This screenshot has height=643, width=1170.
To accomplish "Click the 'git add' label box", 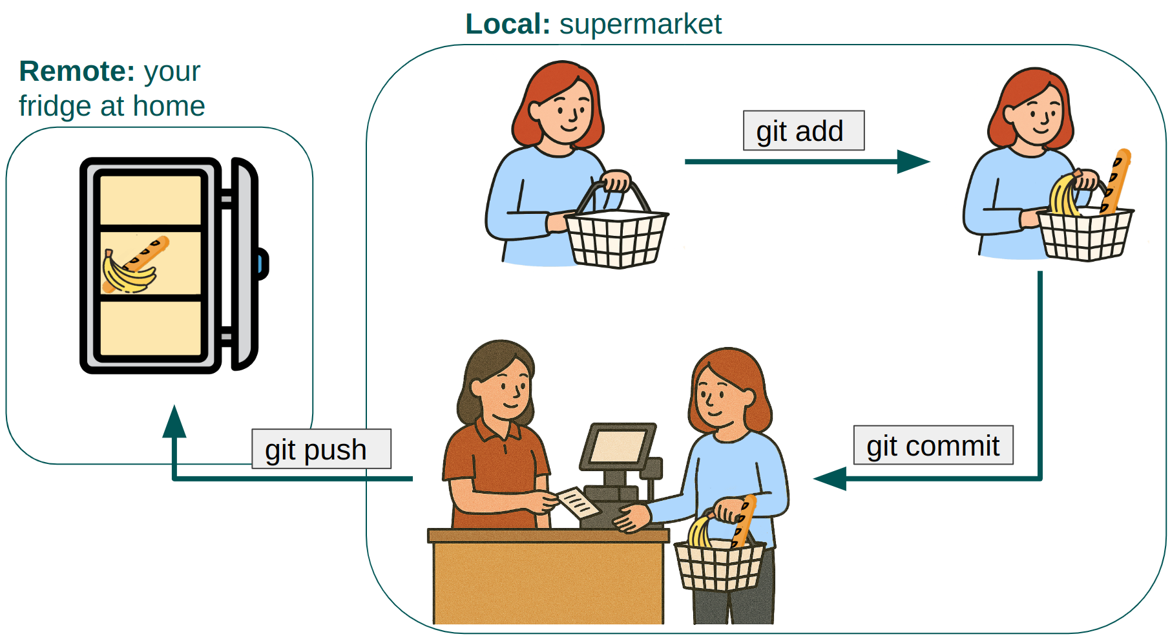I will [803, 131].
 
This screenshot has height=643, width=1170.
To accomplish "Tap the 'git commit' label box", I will [933, 445].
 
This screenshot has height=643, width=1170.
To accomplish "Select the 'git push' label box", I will [321, 449].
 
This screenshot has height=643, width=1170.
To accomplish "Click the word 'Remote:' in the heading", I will [77, 71].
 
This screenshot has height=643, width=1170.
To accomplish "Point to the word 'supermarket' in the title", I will [640, 25].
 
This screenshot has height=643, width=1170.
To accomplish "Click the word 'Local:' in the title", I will [507, 25].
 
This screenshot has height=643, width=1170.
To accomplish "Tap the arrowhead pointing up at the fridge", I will [174, 421].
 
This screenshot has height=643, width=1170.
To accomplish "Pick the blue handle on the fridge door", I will [261, 264].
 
